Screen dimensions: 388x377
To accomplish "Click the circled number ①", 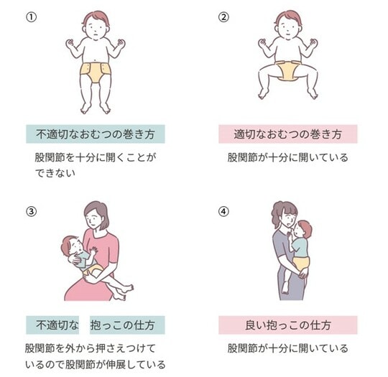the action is click(31, 17).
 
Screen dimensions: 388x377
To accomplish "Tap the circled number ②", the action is click(223, 17).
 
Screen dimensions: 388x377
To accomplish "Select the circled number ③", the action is click(31, 212).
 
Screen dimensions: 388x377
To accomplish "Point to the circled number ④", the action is click(223, 212).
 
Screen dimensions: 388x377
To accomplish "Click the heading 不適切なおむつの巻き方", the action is click(96, 134).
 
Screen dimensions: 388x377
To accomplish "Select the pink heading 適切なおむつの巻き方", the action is click(288, 134).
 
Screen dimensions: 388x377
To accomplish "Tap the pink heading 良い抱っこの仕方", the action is click(288, 325).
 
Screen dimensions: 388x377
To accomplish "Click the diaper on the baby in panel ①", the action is click(96, 73).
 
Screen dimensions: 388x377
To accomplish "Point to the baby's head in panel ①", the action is click(96, 25).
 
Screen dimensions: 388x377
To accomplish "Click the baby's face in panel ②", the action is click(288, 28).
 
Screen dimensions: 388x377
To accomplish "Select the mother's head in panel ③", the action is click(96, 215).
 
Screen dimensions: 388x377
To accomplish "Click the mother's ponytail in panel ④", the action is click(276, 215).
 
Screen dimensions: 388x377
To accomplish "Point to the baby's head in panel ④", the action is click(303, 230).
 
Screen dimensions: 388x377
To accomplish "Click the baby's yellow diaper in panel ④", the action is click(301, 264).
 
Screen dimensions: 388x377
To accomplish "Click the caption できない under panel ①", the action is click(55, 173).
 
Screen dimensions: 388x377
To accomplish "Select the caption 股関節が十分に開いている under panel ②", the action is click(288, 157).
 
